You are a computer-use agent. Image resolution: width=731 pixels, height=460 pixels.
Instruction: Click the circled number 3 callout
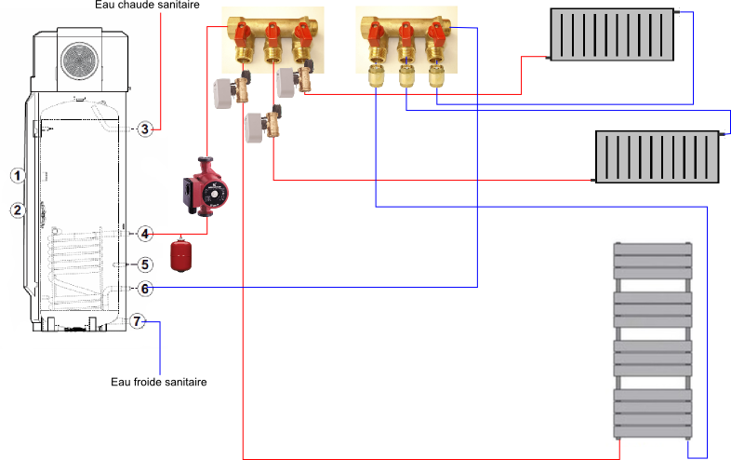[145, 129]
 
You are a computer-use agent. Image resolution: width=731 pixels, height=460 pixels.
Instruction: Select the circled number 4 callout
[145, 233]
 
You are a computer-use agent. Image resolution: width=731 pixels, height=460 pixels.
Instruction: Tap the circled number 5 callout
[145, 265]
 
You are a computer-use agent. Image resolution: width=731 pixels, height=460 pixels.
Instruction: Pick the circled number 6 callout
[145, 289]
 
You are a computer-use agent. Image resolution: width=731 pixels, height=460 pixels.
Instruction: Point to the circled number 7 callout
[138, 321]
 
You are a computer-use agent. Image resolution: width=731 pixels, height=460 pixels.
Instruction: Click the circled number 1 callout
[16, 174]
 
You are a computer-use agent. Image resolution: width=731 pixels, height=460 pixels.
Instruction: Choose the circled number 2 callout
[16, 210]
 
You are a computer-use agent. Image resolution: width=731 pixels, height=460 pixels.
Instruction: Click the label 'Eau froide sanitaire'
[158, 382]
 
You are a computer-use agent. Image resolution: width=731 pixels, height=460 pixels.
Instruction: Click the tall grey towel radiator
[653, 340]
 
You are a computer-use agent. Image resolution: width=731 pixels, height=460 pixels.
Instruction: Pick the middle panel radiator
[658, 156]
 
